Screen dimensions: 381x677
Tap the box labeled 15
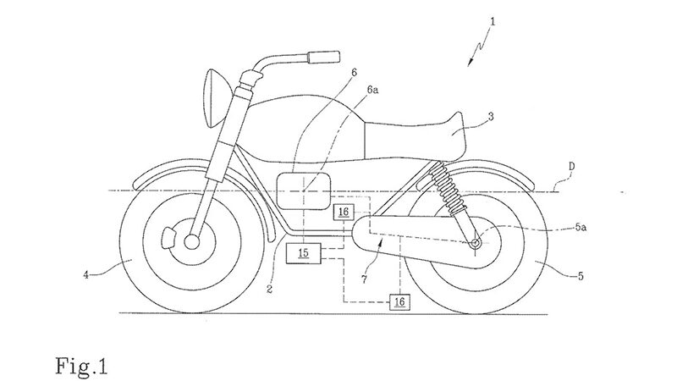pos(302,252)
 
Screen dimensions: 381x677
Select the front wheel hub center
pos(190,242)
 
